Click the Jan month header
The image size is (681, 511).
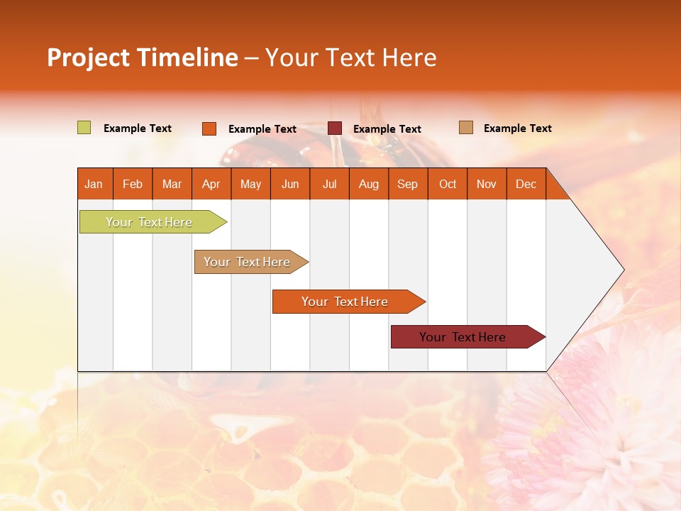pos(94,184)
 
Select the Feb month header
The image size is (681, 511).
pos(133,184)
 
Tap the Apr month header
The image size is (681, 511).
pos(211,184)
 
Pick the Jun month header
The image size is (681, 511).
pos(290,184)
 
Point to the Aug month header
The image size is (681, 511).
pos(369,184)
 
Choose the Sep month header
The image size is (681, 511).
pos(408,184)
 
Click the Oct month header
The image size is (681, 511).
pos(448,184)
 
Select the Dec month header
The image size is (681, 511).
pos(526,184)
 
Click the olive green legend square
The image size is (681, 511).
pos(84,128)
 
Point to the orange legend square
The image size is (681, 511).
pos(209,128)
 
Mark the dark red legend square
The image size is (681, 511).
pos(335,128)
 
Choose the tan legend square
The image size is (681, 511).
pos(466,128)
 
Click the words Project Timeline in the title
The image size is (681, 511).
pos(143,57)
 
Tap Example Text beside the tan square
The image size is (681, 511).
pos(517,128)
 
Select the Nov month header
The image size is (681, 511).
pos(487,184)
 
